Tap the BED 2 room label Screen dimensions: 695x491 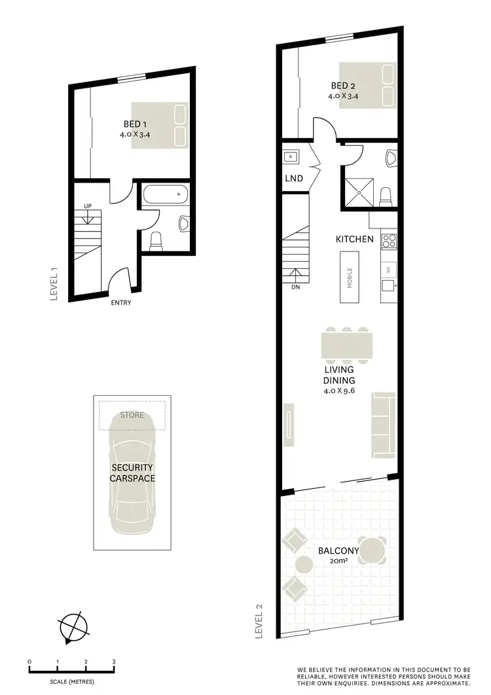tap(344, 86)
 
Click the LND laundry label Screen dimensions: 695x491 tap(293, 178)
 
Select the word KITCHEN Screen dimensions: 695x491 tap(355, 239)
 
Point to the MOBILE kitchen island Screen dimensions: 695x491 tap(350, 278)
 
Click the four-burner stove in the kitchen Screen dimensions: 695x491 tap(390, 241)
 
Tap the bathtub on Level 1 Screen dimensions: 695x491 tap(166, 195)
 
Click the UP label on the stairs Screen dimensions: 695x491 tap(87, 206)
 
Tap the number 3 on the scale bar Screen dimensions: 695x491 tap(114, 662)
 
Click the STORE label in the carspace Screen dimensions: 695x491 tap(132, 415)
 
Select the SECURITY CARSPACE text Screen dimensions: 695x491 tap(132, 473)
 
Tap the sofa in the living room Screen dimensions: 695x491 tap(383, 425)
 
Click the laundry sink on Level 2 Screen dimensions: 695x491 tap(291, 156)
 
